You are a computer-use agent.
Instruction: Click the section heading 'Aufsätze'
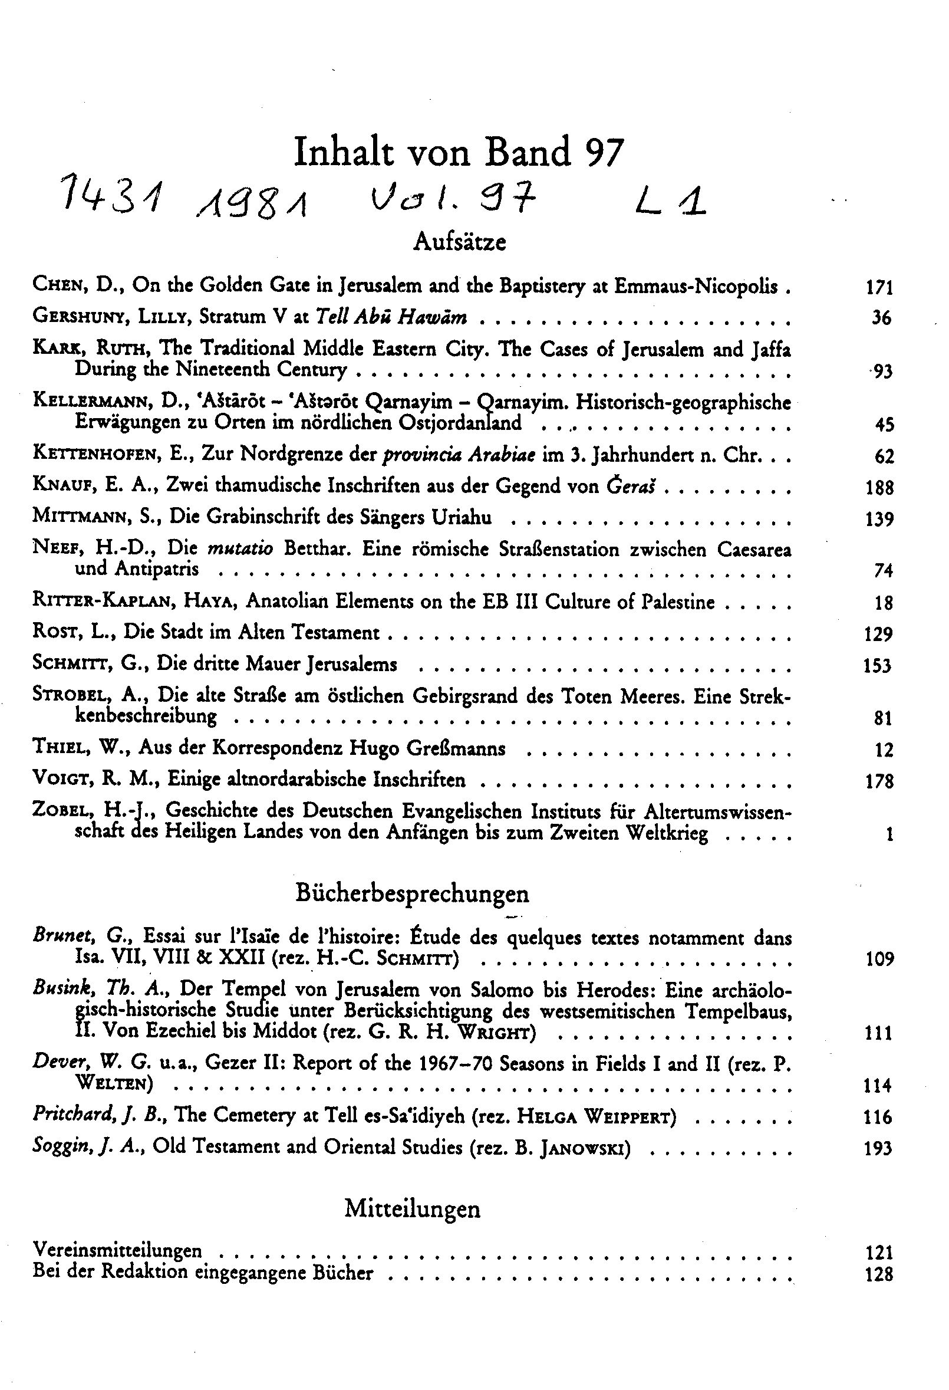[460, 241]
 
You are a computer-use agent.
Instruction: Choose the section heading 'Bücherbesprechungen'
[412, 893]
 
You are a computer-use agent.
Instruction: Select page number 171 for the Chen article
[879, 288]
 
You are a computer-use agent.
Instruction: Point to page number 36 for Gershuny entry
[881, 318]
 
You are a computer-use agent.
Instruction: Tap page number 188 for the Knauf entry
[879, 488]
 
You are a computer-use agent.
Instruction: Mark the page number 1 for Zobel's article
[889, 834]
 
